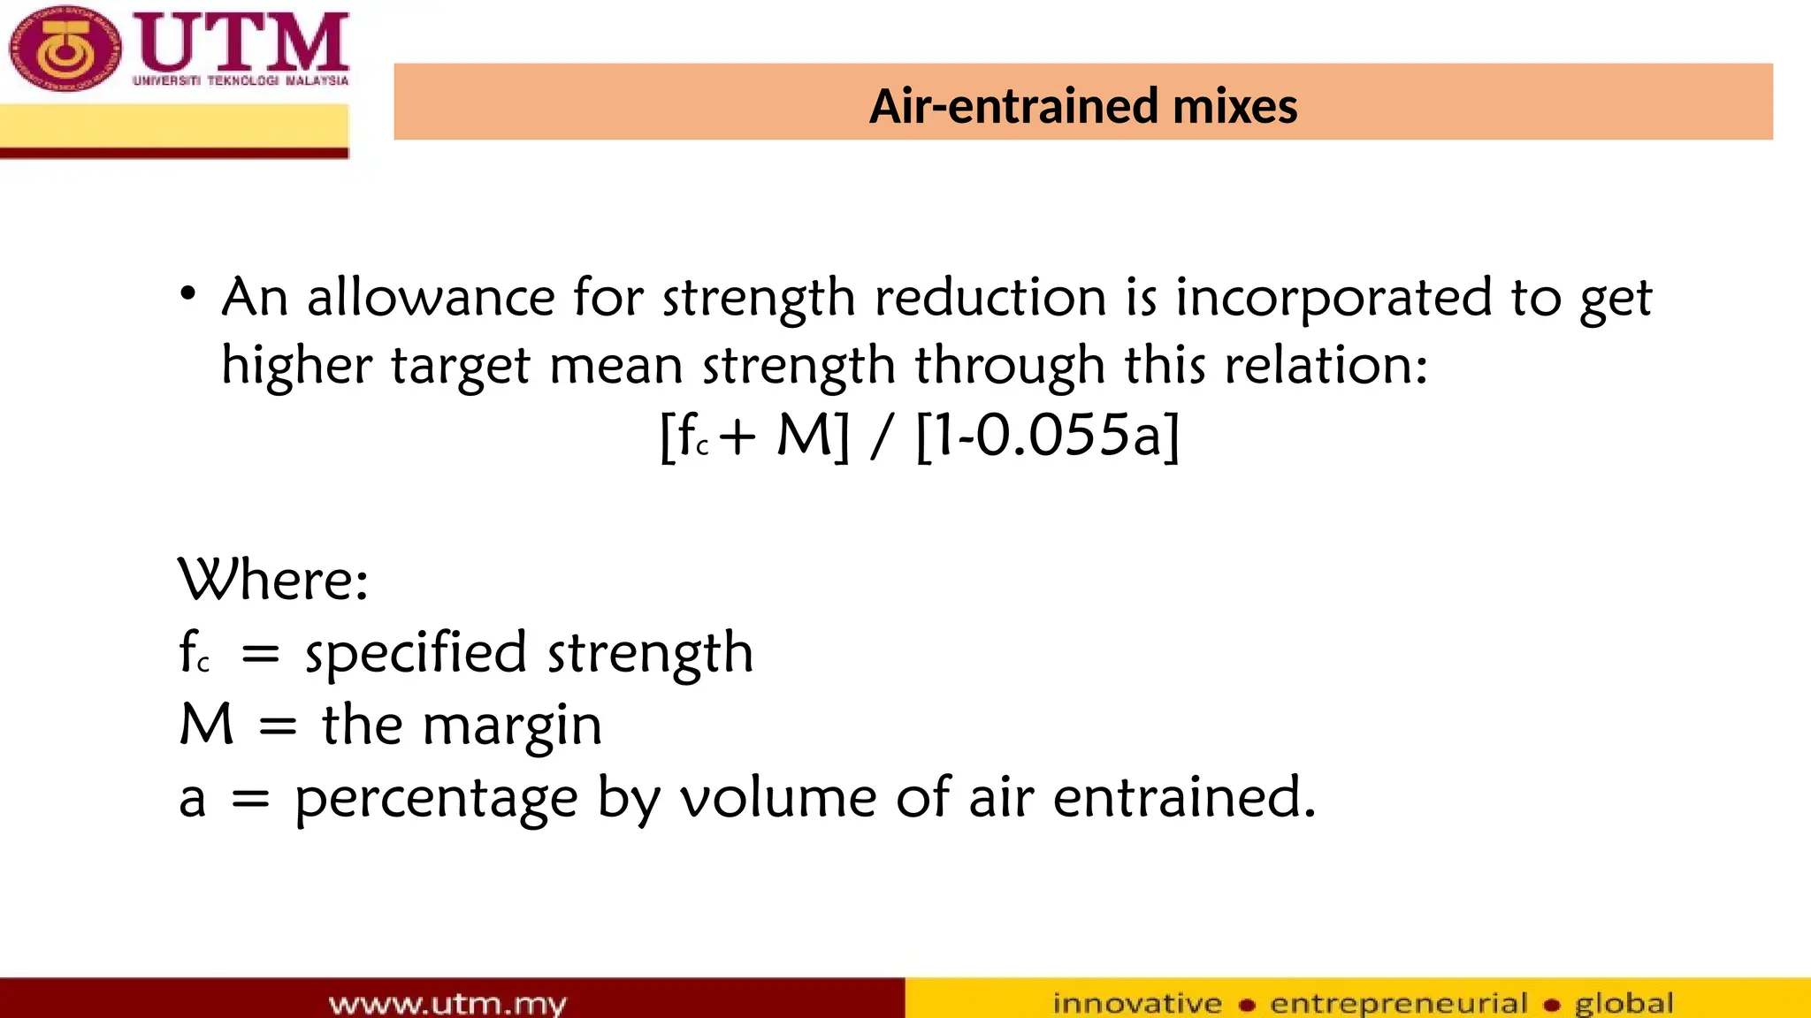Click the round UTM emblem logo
(64, 49)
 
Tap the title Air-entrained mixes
(1082, 106)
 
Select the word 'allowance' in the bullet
(431, 297)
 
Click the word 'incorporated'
(1333, 299)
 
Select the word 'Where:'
(273, 581)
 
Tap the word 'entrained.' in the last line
(1184, 797)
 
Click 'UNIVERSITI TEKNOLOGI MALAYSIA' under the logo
(241, 80)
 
